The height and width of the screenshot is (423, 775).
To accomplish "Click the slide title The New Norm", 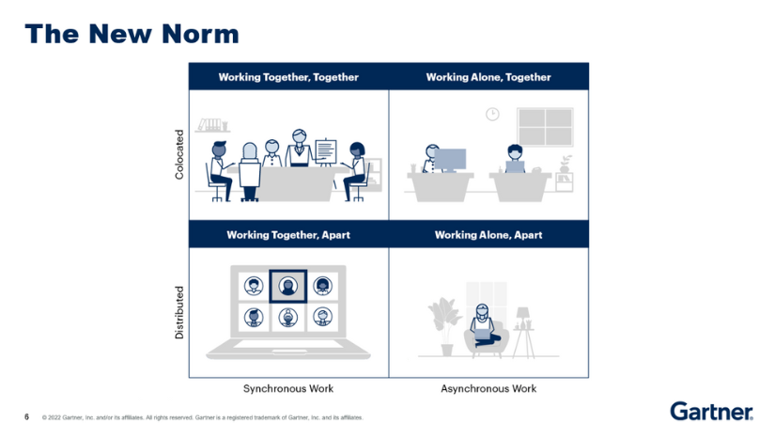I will tap(132, 35).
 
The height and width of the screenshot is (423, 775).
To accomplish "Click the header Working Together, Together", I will tap(288, 77).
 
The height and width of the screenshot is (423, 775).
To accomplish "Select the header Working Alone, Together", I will tap(488, 77).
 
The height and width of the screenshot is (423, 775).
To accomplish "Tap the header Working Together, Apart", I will tap(288, 234).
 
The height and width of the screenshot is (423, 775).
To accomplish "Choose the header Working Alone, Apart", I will tap(488, 234).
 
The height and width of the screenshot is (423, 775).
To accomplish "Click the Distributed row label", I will tap(179, 313).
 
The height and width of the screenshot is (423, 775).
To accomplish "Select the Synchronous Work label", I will tap(288, 388).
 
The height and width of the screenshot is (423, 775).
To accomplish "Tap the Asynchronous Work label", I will tap(488, 388).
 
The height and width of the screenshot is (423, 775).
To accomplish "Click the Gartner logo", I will tap(711, 411).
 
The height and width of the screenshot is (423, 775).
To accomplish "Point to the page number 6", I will tap(26, 416).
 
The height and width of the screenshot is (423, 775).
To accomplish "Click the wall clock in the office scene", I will tap(492, 115).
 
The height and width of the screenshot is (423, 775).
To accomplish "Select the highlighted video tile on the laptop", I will tap(287, 286).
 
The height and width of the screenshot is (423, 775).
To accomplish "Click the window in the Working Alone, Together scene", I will tap(545, 127).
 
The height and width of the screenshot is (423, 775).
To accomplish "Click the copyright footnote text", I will tap(202, 417).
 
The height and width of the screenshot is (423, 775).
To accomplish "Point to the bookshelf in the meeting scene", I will tap(212, 125).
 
